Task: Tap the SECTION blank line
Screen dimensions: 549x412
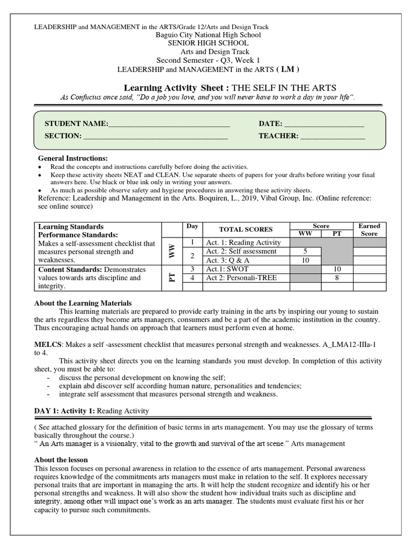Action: coord(156,137)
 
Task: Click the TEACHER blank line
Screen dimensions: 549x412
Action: coord(333,137)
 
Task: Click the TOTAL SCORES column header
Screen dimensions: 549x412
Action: coord(246,229)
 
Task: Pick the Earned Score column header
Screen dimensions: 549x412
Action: coord(369,229)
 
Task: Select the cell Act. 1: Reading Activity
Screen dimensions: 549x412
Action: coord(243,243)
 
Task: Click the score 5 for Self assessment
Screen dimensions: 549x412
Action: coord(305,251)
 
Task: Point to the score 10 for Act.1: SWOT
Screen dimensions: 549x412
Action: coord(337,269)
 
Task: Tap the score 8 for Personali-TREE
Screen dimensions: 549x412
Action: coord(337,278)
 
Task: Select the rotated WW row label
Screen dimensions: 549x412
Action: coord(172,251)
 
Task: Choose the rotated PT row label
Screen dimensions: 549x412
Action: coord(172,277)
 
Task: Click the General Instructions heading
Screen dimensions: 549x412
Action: coord(72,158)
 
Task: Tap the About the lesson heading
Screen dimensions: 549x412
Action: coord(61,460)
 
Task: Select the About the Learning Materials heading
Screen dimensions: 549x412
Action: coord(83,303)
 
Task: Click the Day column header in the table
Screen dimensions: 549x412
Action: coord(192,226)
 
